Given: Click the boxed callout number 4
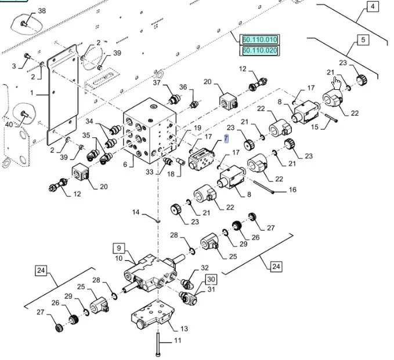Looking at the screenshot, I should coord(372,7).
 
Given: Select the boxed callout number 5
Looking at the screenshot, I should coord(363,40).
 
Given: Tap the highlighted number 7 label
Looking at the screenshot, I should coord(226,138).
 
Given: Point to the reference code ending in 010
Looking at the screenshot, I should coord(260,39).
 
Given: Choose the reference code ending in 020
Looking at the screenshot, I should coord(260,51).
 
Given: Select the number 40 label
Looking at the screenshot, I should coord(8,125).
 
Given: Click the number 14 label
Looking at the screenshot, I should coord(135,212).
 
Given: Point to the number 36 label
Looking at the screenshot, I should coord(183,88).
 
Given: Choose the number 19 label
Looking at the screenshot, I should coord(197,128).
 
